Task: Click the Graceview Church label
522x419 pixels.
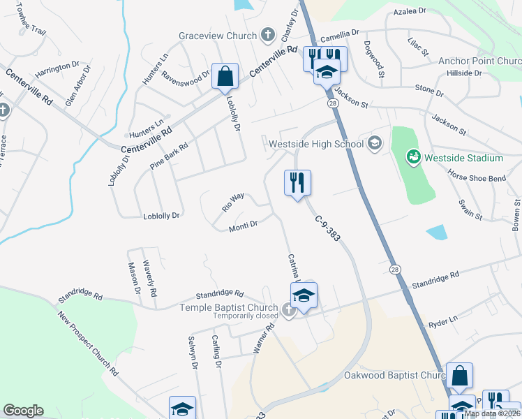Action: pyautogui.click(x=218, y=35)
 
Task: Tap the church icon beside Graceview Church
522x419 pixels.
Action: pyautogui.click(x=267, y=35)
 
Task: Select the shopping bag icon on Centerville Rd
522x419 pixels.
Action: pyautogui.click(x=225, y=77)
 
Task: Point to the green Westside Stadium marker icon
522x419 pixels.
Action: pyautogui.click(x=412, y=158)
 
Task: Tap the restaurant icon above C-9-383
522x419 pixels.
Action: pyautogui.click(x=297, y=184)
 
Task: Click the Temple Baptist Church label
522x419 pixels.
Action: pyautogui.click(x=229, y=307)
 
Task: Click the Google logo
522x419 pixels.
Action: pyautogui.click(x=23, y=411)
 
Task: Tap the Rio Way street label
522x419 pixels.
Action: pyautogui.click(x=233, y=202)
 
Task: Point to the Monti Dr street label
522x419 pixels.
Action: pyautogui.click(x=244, y=226)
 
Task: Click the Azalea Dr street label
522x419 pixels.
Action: pyautogui.click(x=410, y=12)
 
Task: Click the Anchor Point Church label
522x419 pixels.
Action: pyautogui.click(x=479, y=61)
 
